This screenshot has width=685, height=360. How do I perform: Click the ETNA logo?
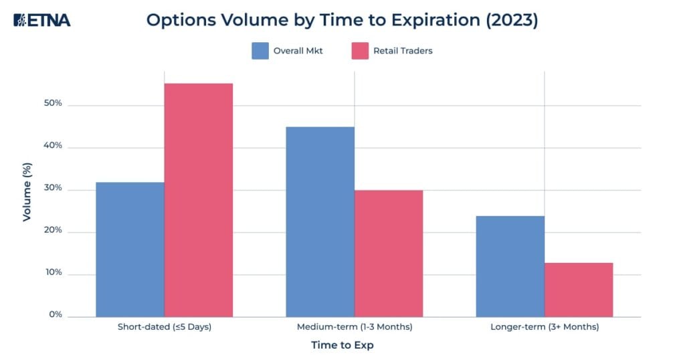pos(41,20)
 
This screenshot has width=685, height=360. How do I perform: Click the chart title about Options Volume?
pos(342,20)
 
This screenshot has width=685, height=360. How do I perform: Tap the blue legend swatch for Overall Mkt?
pos(260,51)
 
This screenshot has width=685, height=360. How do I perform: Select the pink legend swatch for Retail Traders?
pos(360,51)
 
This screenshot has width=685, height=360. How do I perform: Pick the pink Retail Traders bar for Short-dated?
pos(199,200)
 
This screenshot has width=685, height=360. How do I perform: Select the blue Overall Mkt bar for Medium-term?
pos(320,221)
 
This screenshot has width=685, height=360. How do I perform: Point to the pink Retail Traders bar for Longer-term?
pos(579,290)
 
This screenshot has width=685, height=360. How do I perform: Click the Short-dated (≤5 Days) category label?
pos(165,327)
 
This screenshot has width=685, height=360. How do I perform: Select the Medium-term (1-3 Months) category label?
pos(355,327)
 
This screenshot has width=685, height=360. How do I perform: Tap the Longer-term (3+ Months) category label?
pos(545,327)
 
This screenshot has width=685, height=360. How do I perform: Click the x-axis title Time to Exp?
pos(342,345)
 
